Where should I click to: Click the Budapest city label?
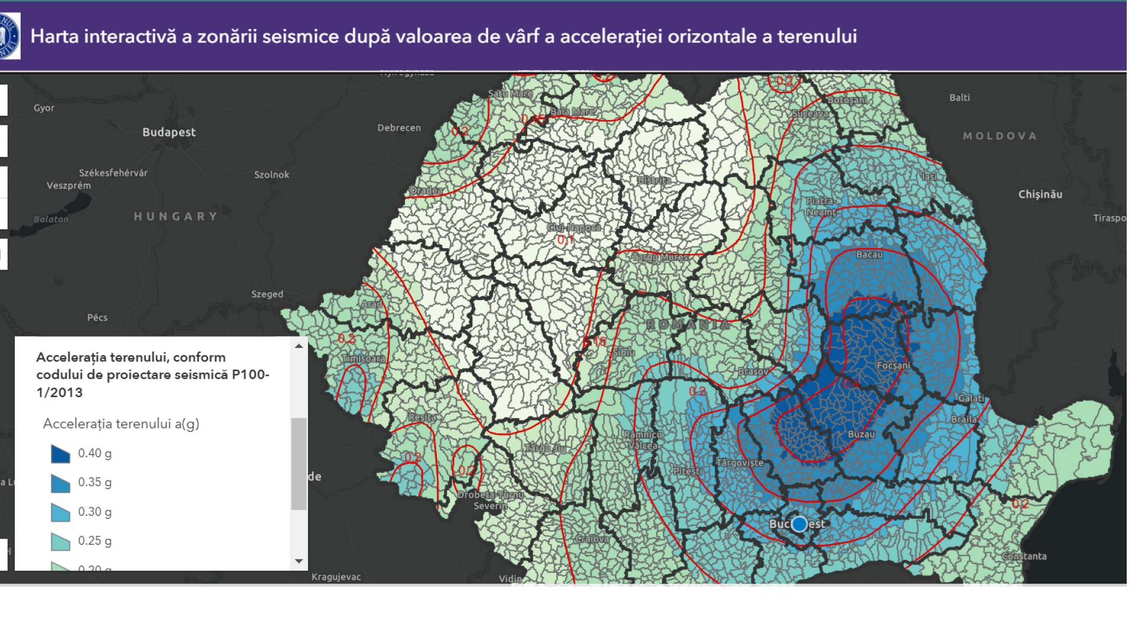tap(168, 132)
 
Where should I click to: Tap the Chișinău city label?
tap(1040, 194)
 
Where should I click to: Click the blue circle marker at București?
tap(799, 523)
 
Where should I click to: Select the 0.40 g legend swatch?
tap(60, 454)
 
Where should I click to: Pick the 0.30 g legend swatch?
tap(60, 512)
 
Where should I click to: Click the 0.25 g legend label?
tap(95, 541)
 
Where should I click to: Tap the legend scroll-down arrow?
tap(299, 561)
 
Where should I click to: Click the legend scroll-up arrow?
tap(299, 346)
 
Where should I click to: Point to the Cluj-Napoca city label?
tap(573, 227)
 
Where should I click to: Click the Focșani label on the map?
tap(893, 366)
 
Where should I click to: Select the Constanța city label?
tap(1024, 556)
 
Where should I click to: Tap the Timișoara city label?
tap(364, 359)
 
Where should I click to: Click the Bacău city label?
tap(869, 255)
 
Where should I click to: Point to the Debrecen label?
tap(399, 128)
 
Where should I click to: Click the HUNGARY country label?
tap(176, 217)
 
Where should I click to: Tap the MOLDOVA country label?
tap(1000, 136)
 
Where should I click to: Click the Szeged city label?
tap(267, 294)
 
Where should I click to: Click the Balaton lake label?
tap(51, 219)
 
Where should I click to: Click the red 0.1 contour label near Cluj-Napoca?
tap(565, 240)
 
